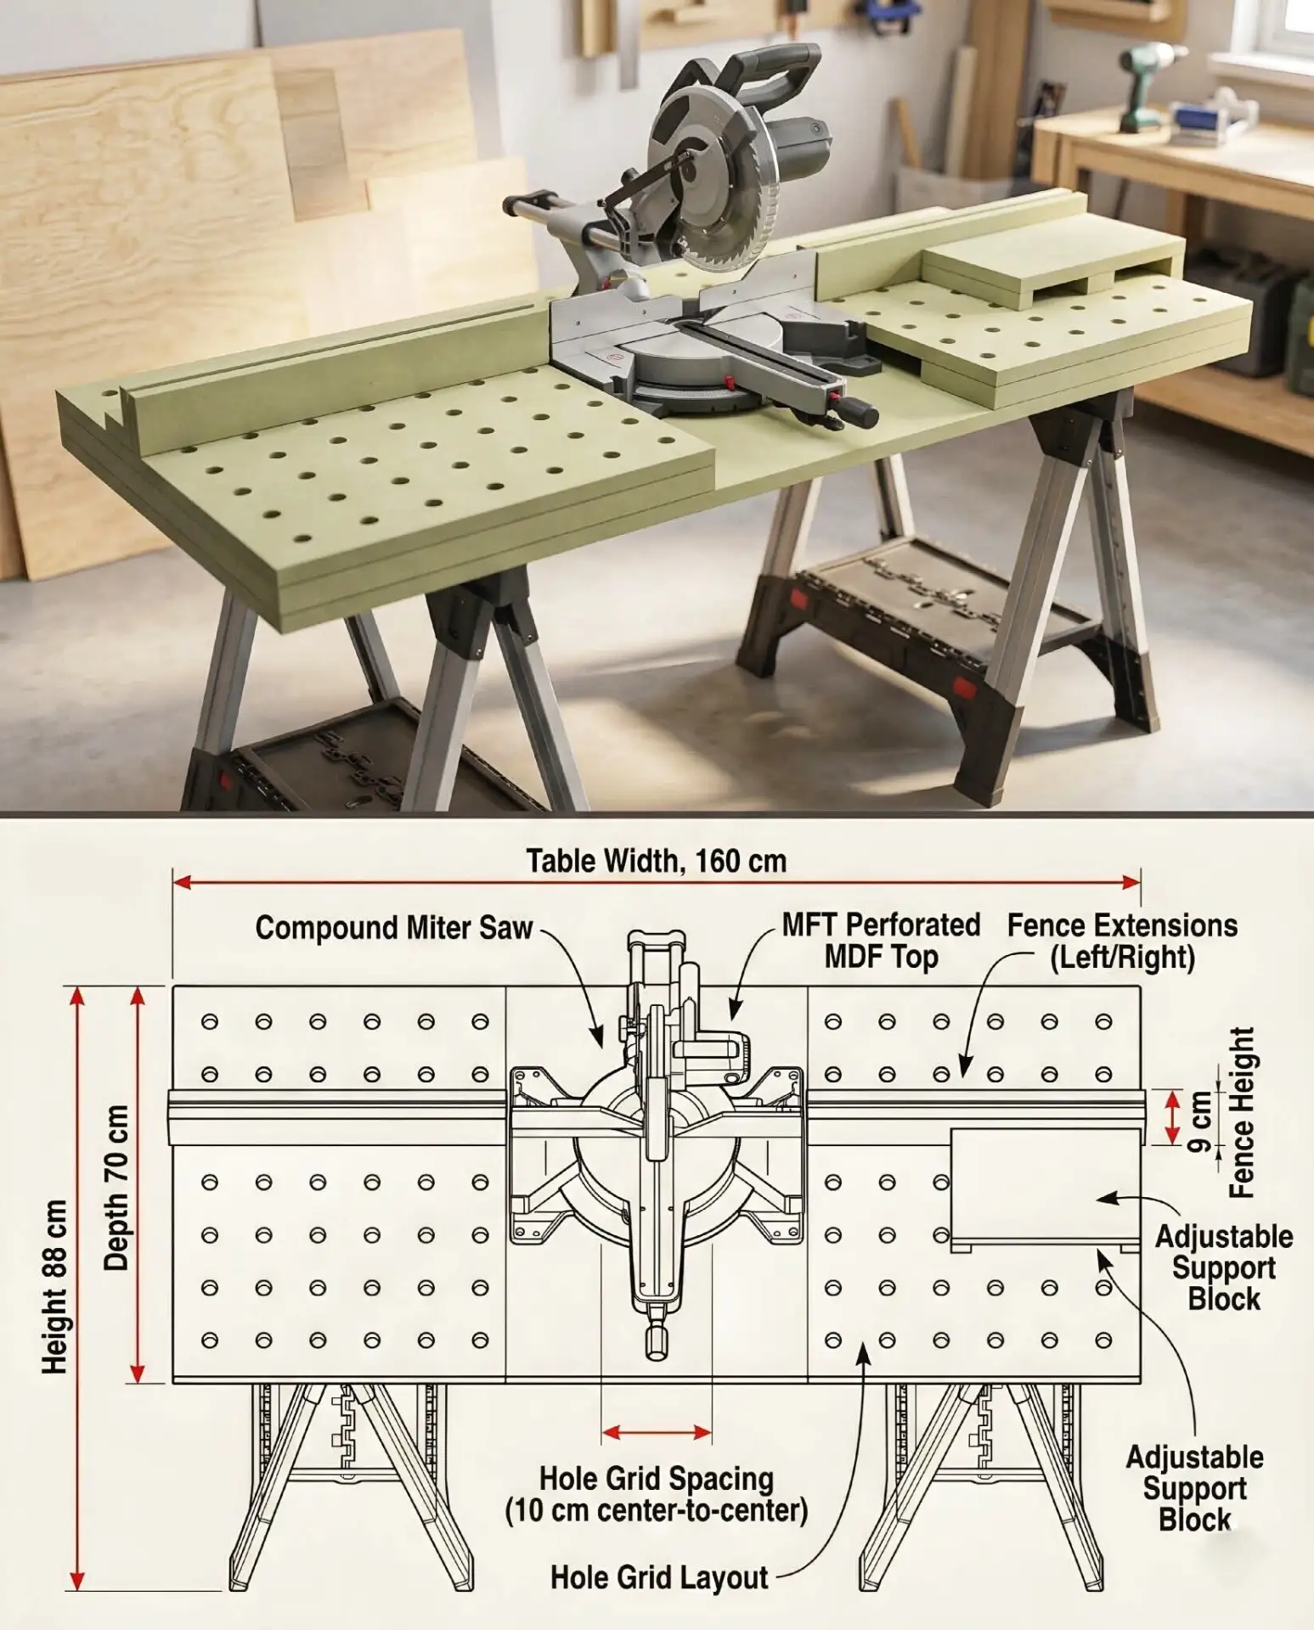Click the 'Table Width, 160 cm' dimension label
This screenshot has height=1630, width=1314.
click(656, 861)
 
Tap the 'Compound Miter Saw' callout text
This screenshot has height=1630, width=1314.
click(394, 928)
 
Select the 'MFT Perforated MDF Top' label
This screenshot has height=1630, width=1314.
click(882, 941)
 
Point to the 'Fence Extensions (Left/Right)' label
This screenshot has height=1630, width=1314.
click(1122, 941)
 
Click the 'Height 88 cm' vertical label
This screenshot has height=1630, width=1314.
click(54, 1287)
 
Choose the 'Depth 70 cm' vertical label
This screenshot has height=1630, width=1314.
click(116, 1187)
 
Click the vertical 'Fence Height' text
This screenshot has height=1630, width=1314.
click(1242, 1112)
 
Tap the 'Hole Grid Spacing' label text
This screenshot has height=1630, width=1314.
click(657, 1478)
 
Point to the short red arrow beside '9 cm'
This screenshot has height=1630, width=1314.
click(1172, 1117)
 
